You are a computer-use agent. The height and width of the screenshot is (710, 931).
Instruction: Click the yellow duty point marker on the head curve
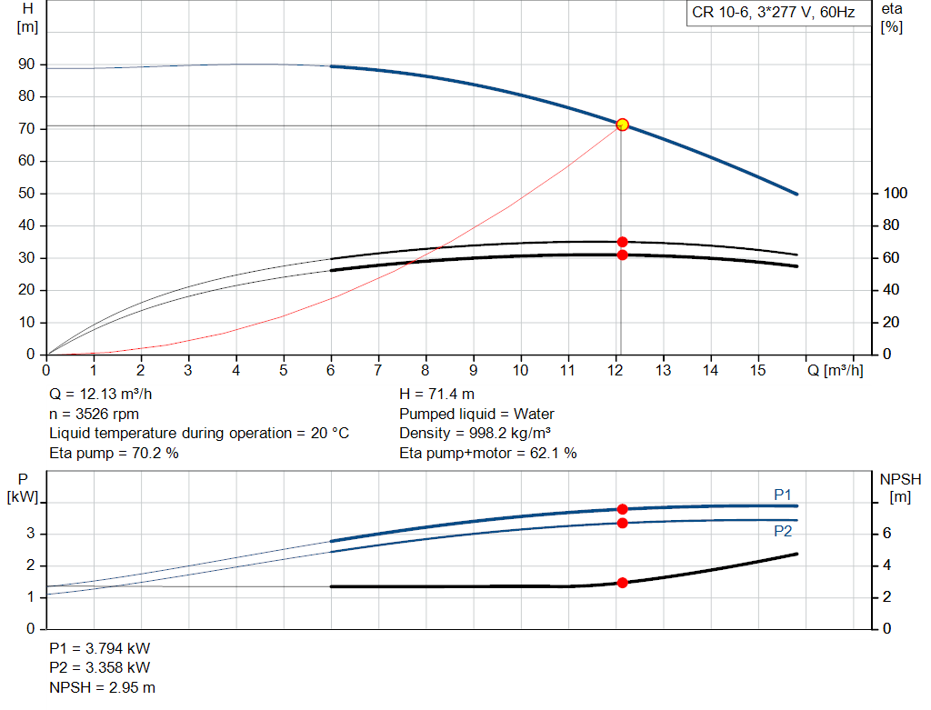coord(623,125)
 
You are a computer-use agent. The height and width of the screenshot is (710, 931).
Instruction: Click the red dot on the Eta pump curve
coord(623,242)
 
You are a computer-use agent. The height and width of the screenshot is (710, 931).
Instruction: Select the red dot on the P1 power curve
coord(623,509)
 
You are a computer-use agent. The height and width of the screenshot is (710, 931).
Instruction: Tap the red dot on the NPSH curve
coord(623,583)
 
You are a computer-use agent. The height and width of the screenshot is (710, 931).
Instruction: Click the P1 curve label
coord(783,494)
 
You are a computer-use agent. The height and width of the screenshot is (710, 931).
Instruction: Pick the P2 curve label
coord(783,532)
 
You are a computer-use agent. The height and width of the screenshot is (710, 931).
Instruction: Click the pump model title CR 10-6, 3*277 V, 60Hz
coord(773,14)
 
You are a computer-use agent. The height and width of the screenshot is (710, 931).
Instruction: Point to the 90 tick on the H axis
coord(27,65)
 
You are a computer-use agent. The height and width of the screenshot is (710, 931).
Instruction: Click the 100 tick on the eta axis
coord(896,194)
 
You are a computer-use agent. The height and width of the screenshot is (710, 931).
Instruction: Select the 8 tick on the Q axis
coord(425,370)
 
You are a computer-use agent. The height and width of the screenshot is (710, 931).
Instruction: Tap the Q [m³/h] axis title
coord(835,370)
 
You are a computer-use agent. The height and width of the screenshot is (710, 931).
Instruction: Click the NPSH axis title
coord(900,479)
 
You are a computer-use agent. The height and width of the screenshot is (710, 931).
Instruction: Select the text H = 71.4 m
coord(436,395)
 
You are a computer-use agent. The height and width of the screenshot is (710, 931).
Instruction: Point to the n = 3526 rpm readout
coord(94,415)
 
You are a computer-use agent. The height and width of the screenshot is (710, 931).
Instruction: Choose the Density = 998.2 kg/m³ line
coord(476,434)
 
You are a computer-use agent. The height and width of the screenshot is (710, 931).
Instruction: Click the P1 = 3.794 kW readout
coord(100,649)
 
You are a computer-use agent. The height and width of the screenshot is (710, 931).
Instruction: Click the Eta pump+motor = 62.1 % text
coord(488,453)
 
